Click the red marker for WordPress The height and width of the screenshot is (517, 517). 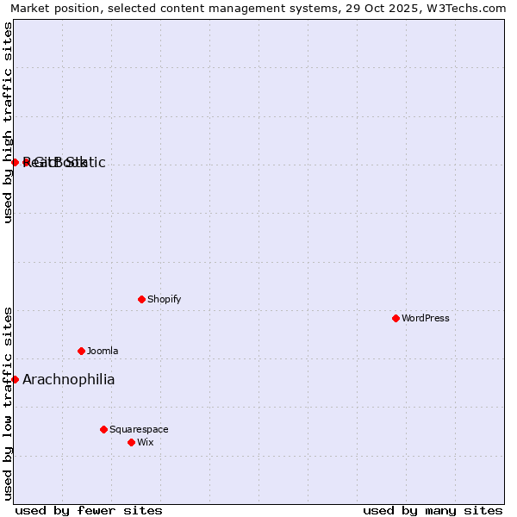click(x=396, y=318)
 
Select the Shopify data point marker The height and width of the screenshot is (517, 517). click(x=141, y=299)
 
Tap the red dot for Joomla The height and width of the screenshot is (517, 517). click(x=81, y=351)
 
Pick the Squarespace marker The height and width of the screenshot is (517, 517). click(x=103, y=429)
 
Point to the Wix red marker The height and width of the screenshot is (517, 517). click(x=131, y=442)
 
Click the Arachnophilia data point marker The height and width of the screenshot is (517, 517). click(x=15, y=379)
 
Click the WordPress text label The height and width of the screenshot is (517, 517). click(x=426, y=318)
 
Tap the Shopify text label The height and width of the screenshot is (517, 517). click(x=164, y=299)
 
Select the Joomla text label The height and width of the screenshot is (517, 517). click(x=103, y=351)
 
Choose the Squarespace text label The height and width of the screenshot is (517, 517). click(x=139, y=429)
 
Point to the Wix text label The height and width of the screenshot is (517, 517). click(x=145, y=442)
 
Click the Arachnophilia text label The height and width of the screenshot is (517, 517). click(x=68, y=379)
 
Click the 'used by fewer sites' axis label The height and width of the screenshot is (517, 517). click(x=89, y=510)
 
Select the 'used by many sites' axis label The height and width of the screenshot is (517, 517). click(x=433, y=510)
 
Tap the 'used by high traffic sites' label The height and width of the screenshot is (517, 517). click(x=8, y=122)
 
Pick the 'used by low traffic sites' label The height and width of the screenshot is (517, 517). click(x=8, y=403)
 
